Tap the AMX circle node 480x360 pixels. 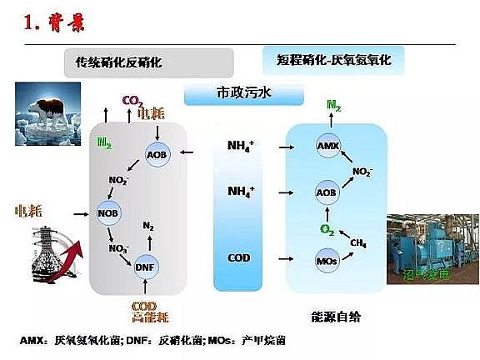(327, 147)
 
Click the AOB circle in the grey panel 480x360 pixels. (157, 154)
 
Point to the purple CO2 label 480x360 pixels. (132, 102)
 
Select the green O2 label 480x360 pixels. (327, 228)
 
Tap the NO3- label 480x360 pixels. (117, 247)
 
